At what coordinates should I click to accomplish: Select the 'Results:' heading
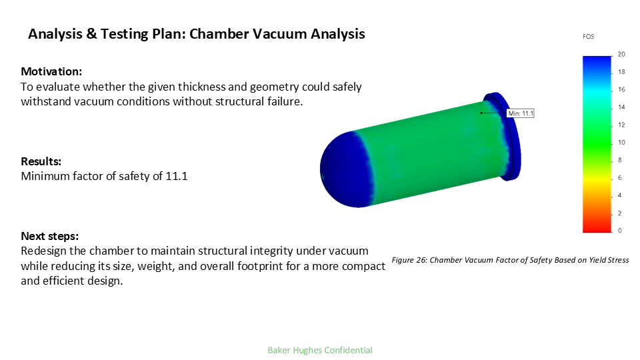[x=41, y=161]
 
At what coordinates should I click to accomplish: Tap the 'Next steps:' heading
[x=49, y=236]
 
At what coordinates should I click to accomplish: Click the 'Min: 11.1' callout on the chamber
[x=520, y=113]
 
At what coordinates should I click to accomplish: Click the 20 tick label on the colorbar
[x=621, y=55]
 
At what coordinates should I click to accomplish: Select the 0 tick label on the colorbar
[x=619, y=231]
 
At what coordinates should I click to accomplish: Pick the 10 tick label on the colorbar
[x=621, y=143]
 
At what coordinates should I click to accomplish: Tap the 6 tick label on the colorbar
[x=619, y=178]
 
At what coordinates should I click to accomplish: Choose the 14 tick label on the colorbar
[x=621, y=107]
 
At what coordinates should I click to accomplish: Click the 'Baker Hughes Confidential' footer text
[x=320, y=350]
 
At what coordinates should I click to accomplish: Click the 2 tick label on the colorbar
[x=619, y=213]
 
